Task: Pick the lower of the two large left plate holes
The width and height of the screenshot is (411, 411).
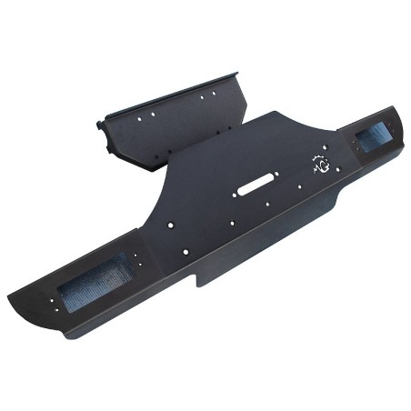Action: click(185, 251)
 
